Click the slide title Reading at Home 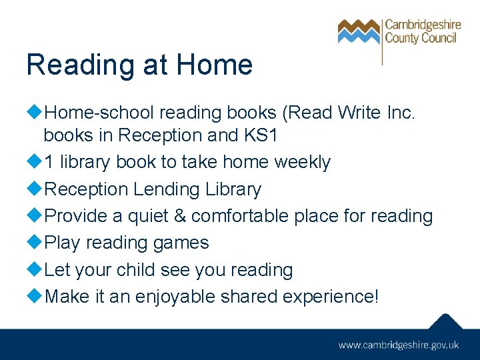139,65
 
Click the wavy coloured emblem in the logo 359,31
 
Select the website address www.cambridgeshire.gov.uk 399,345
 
